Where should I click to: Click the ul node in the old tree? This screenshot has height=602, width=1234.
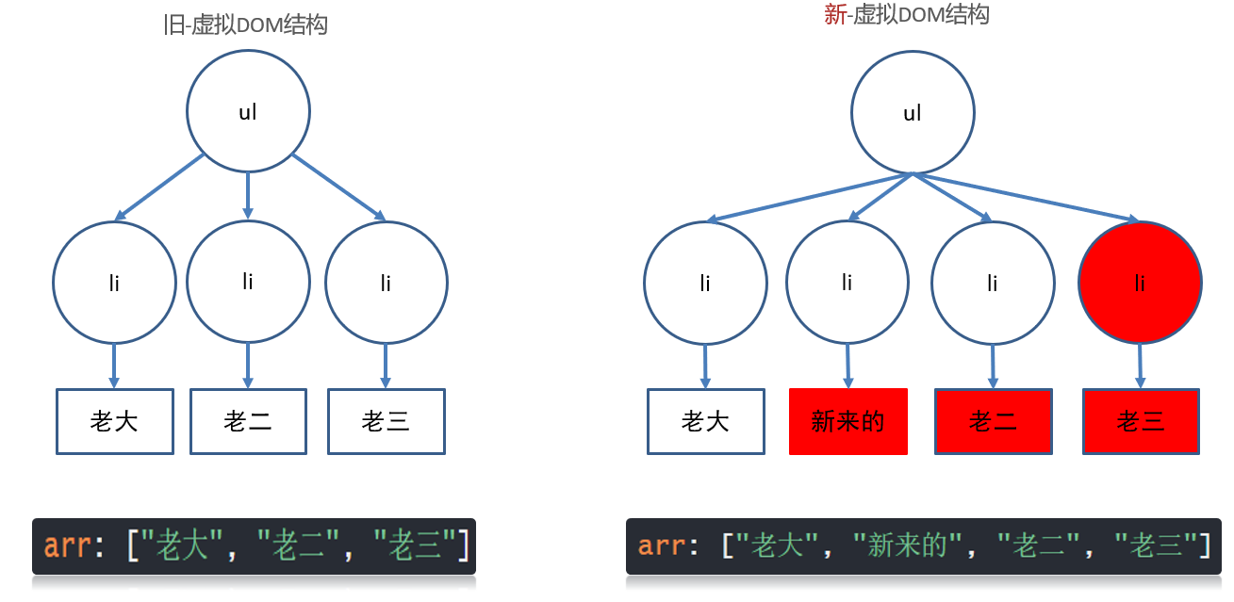(248, 111)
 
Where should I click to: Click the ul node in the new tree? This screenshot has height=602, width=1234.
(913, 113)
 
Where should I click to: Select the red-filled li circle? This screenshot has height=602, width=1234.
(1140, 282)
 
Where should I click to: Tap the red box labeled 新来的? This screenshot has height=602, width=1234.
(847, 421)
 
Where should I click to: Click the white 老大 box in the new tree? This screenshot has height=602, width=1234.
(705, 421)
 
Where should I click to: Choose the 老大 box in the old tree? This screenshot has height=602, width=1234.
(114, 421)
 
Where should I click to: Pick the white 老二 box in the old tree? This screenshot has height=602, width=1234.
(248, 421)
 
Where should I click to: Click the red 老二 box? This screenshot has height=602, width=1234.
(993, 421)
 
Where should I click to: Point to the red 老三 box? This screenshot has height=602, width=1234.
(1141, 421)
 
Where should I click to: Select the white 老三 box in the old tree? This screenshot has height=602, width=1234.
(386, 421)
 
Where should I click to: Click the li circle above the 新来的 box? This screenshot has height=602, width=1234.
(847, 282)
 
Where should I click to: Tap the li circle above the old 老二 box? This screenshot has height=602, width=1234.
(248, 281)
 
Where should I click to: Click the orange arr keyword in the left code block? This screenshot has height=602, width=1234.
(66, 546)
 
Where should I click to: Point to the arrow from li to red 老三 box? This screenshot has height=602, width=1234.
(1140, 366)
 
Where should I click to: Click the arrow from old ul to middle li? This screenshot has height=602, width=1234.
(248, 195)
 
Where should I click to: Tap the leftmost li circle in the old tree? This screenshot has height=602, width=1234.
(114, 282)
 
